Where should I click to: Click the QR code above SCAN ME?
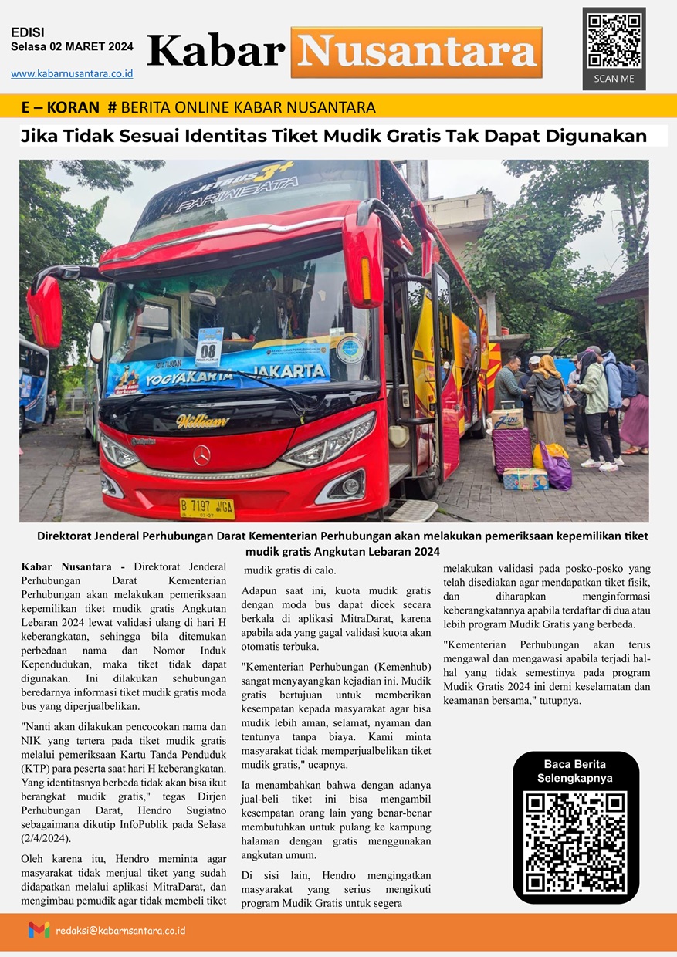click(x=614, y=40)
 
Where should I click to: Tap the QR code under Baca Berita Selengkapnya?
click(x=575, y=842)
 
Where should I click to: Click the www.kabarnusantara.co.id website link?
click(x=72, y=73)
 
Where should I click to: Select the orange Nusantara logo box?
click(x=416, y=52)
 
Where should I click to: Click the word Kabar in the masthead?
click(x=215, y=52)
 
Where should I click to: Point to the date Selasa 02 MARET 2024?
click(x=72, y=46)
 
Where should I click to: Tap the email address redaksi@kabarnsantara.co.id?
click(x=120, y=930)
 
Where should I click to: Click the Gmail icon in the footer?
click(x=39, y=930)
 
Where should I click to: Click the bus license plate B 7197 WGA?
click(x=206, y=507)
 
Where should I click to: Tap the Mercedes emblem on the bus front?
click(x=201, y=455)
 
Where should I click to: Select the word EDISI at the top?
click(x=28, y=32)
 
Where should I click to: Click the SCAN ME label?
click(x=614, y=79)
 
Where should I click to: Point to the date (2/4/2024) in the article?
click(x=47, y=837)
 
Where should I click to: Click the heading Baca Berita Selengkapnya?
click(x=575, y=771)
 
